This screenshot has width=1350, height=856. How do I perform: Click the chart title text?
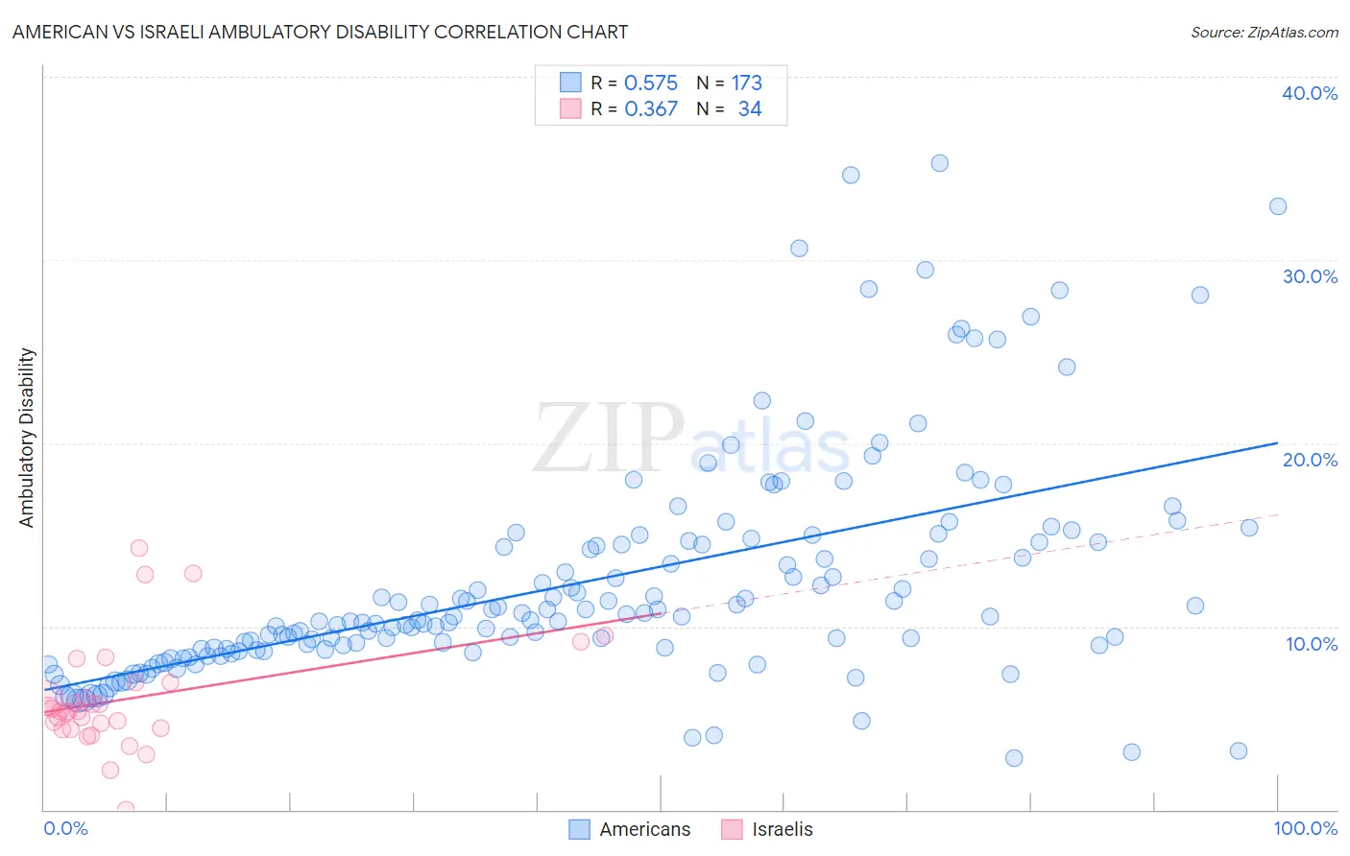tap(320, 32)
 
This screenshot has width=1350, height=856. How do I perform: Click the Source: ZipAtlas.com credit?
tap(1264, 32)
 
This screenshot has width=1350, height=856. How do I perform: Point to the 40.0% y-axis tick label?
tap(1310, 93)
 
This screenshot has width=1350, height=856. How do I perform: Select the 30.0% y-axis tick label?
tap(1310, 276)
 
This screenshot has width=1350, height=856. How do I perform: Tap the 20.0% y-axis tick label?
tap(1310, 460)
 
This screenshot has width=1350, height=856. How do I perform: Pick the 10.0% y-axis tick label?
tap(1312, 644)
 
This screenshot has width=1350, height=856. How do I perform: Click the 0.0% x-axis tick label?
tap(65, 828)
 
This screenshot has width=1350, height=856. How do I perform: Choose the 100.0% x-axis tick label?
tap(1305, 828)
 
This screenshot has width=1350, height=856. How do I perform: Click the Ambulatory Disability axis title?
tap(27, 437)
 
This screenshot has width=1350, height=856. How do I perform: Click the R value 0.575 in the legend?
tap(651, 83)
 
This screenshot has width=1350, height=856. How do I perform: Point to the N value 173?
tap(746, 83)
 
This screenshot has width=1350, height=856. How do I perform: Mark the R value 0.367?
tap(651, 109)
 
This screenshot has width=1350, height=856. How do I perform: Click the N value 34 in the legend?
tap(750, 109)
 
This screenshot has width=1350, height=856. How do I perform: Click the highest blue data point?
tap(940, 163)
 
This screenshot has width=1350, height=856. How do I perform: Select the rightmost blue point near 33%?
tap(1278, 206)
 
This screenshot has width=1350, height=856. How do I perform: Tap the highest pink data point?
tap(139, 548)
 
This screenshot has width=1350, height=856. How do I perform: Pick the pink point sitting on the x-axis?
tap(125, 809)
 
